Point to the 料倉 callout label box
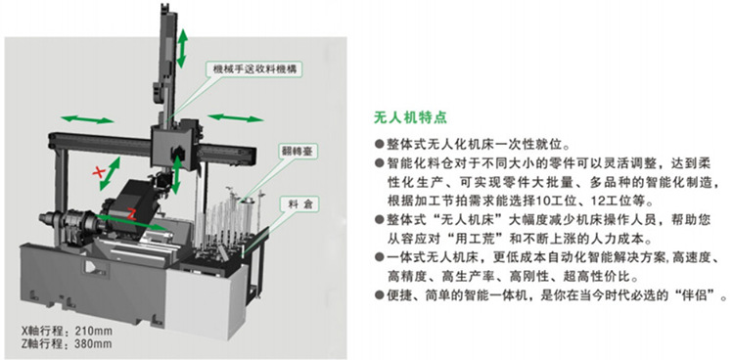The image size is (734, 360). [x=289, y=204]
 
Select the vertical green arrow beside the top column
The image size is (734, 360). [x=182, y=46]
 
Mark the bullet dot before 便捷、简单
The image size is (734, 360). [x=381, y=294]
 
